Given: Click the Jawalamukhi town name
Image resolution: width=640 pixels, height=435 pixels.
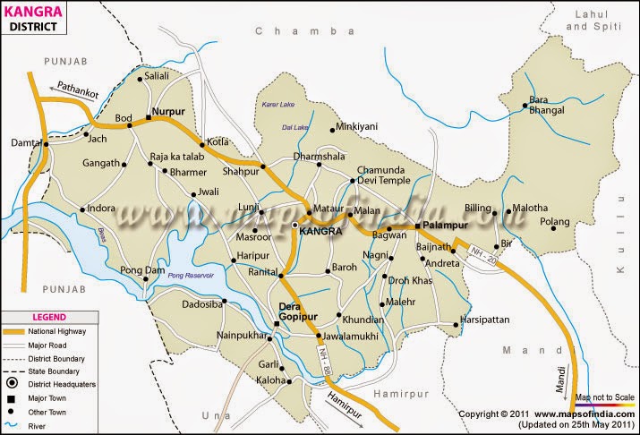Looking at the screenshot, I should pyautogui.click(x=355, y=337).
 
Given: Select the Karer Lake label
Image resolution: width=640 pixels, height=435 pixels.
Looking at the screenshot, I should pyautogui.click(x=277, y=105).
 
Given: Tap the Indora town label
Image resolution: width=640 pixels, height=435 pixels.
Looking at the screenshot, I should pyautogui.click(x=103, y=210).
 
